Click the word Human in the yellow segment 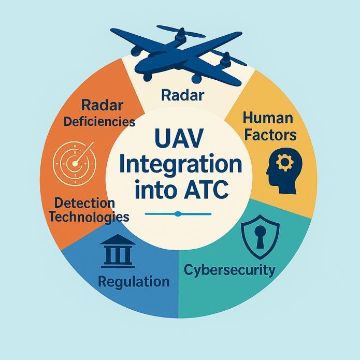click(x=268, y=119)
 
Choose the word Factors click(x=269, y=135)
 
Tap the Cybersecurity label click(x=230, y=270)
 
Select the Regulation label click(x=133, y=282)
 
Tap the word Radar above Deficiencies click(x=102, y=105)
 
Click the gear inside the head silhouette click(x=283, y=163)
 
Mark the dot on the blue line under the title click(x=178, y=213)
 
